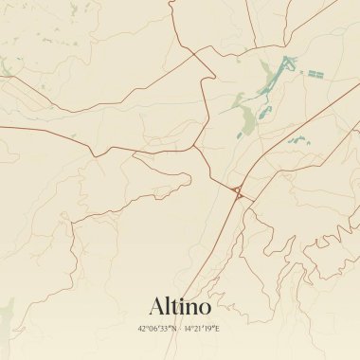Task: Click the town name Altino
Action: coord(180,306)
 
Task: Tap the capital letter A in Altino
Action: coord(157,306)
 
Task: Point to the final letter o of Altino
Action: coord(205,308)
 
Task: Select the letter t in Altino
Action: coord(175,307)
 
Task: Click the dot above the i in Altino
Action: coord(183,298)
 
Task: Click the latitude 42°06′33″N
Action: coord(156,328)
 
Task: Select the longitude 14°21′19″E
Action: coord(202,328)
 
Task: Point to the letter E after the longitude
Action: coord(218,328)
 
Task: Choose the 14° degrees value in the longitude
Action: coord(189,328)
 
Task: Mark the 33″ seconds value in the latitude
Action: coord(167,328)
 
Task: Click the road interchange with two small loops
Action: coord(237,193)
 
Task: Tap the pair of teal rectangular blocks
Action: coord(314,73)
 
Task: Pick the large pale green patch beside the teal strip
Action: coord(247,118)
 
